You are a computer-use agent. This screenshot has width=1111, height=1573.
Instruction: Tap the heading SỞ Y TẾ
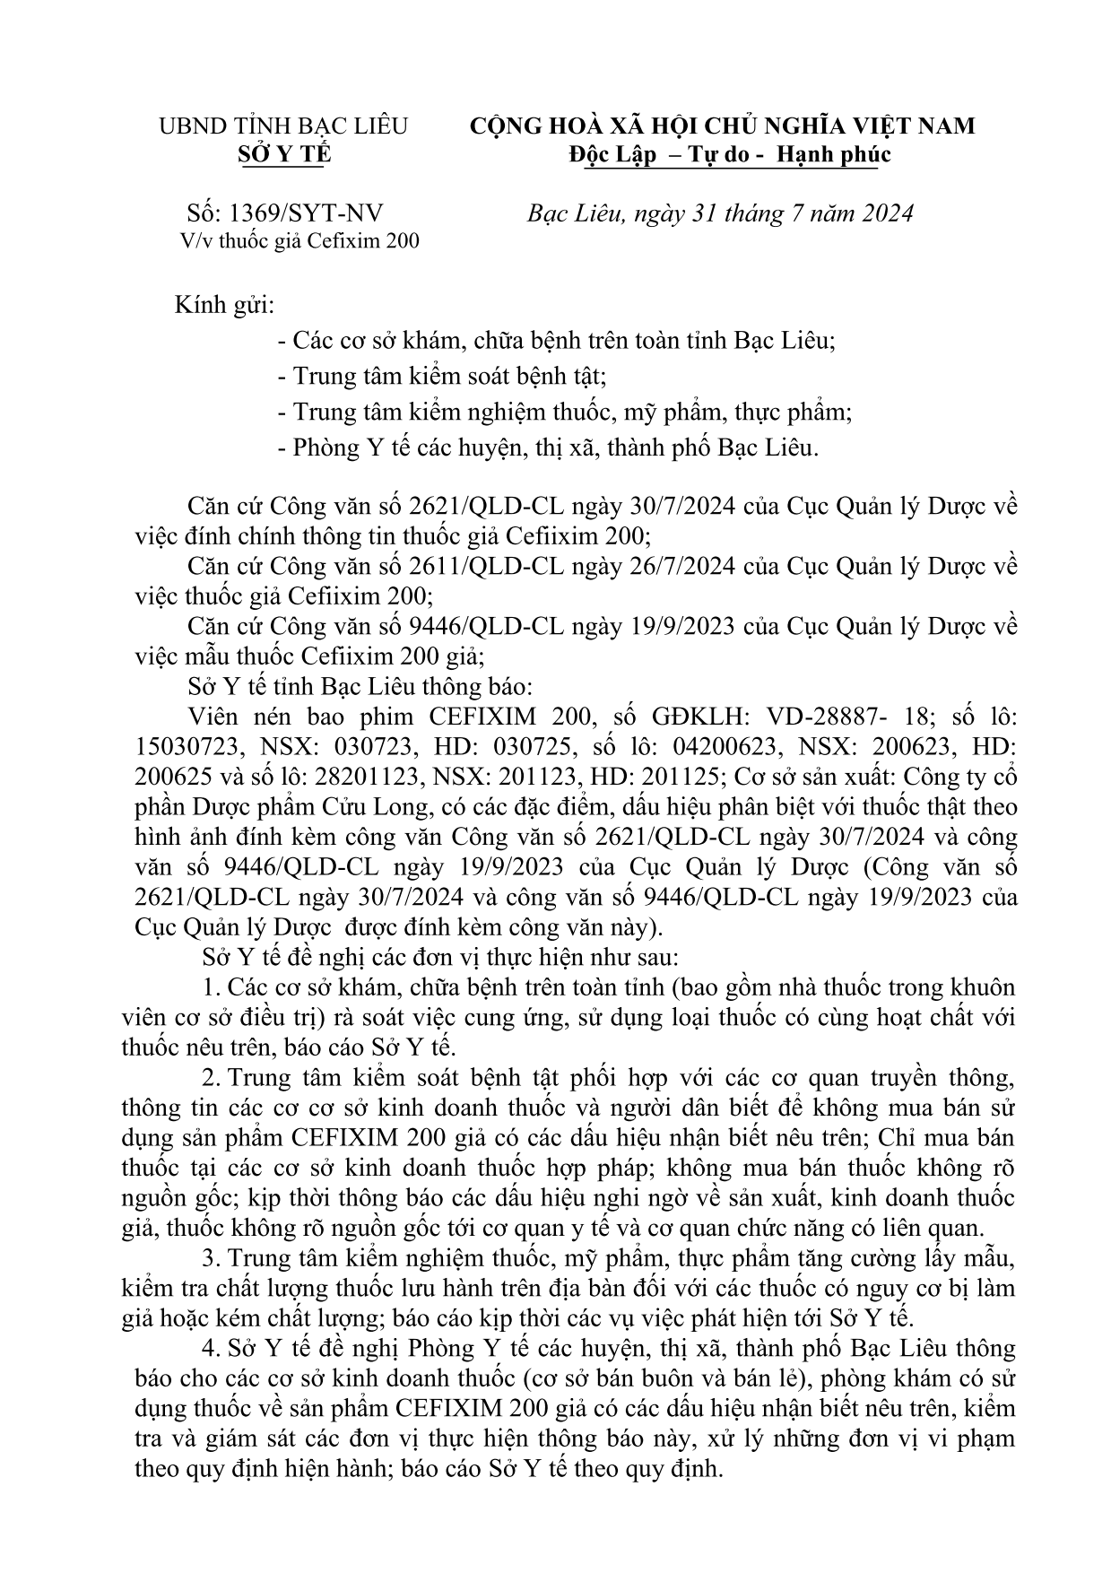click(283, 154)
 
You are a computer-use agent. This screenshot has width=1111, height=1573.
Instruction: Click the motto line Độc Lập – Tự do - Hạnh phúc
click(729, 154)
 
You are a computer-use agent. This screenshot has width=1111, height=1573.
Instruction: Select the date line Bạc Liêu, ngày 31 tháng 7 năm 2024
click(720, 213)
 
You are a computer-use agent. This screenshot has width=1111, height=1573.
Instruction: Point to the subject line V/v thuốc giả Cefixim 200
click(299, 240)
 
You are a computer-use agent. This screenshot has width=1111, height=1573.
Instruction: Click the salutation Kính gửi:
click(224, 305)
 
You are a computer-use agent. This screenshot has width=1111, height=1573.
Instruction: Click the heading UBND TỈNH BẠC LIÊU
click(283, 126)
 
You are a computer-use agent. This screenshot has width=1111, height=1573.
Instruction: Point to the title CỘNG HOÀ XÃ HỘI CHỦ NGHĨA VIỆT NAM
click(723, 126)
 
